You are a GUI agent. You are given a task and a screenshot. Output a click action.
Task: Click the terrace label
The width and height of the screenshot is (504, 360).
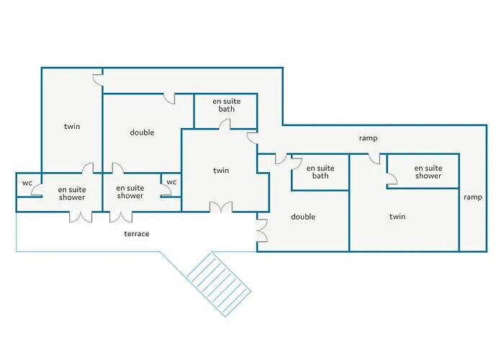[x=137, y=234]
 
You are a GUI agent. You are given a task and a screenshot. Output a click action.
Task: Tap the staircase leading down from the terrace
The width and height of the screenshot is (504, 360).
[x=219, y=284]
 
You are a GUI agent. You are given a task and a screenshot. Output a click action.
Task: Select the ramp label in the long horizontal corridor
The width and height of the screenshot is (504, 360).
[x=368, y=138]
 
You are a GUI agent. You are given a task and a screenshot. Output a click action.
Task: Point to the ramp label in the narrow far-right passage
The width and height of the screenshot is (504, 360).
[x=473, y=197]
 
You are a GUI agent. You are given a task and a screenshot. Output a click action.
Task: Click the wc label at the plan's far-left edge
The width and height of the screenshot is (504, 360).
[x=27, y=183]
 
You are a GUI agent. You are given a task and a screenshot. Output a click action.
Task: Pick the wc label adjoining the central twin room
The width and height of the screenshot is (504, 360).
[x=171, y=182]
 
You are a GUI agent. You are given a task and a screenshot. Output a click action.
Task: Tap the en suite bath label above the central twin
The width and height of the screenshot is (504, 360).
[x=227, y=105]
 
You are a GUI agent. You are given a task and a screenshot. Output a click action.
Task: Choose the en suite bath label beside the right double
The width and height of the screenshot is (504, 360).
[x=320, y=172]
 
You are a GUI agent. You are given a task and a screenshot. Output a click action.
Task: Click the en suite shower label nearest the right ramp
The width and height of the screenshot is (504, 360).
[x=428, y=172]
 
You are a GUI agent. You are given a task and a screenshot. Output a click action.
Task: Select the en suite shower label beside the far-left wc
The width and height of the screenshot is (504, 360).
[x=72, y=194]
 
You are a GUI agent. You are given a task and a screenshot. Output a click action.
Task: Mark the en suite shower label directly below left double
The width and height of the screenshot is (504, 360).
[x=130, y=192]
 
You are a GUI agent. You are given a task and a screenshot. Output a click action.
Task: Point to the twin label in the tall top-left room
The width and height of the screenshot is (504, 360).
[x=72, y=126]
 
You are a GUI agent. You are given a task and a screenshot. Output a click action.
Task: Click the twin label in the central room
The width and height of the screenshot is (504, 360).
[x=221, y=171]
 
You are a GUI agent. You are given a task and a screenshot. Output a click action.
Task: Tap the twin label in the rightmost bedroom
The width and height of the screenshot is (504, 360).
[x=397, y=217]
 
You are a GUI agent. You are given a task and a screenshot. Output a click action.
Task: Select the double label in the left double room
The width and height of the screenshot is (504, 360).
[x=142, y=132]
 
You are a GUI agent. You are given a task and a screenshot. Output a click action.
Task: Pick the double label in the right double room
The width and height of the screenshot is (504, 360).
[x=303, y=217]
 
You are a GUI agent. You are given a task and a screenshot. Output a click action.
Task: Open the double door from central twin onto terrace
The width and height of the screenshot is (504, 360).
[x=221, y=207]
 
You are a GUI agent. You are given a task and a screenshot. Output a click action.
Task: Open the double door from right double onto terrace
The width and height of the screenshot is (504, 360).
[x=262, y=230]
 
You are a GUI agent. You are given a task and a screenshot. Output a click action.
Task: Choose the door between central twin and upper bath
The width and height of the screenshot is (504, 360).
[x=225, y=125]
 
